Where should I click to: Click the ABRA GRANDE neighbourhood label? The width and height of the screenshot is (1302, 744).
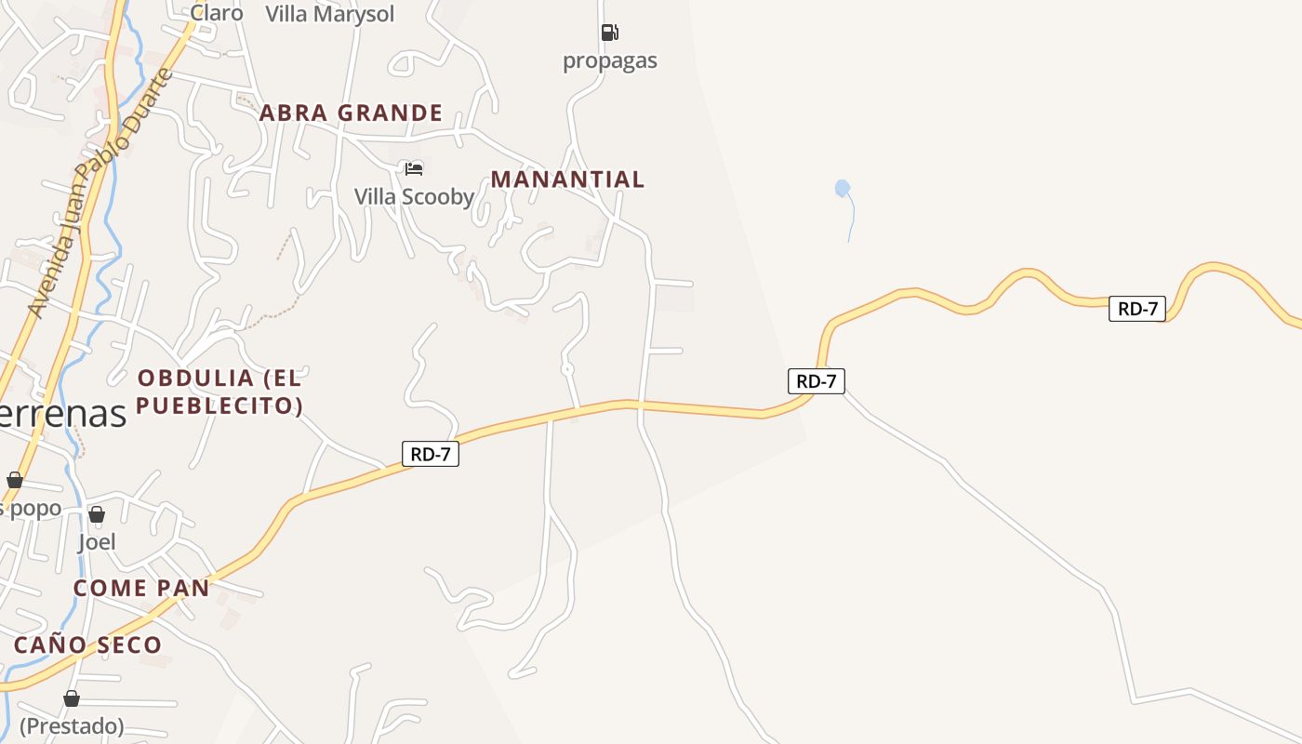pos(351,113)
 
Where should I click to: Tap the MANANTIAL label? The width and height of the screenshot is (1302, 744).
pos(567,179)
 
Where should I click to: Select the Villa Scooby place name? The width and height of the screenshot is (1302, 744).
pos(414,197)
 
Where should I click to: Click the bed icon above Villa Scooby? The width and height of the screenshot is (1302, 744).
pos(414,168)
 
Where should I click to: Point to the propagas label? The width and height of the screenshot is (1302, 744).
pos(610,61)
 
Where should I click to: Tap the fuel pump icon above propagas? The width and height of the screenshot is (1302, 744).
pos(609,33)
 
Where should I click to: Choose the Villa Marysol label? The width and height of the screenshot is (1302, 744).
pos(330,14)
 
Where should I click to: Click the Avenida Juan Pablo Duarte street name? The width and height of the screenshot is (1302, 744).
pos(100,191)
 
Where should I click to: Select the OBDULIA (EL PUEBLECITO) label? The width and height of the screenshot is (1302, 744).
pos(220,392)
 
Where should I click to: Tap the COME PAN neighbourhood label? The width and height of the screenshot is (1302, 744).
pos(141,588)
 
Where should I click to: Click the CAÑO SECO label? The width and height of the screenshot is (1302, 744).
pos(87,644)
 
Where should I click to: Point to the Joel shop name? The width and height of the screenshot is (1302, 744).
pos(97,541)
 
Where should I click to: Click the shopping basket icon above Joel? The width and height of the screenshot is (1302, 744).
pos(97,514)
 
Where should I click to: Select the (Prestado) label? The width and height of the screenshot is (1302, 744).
pos(72,725)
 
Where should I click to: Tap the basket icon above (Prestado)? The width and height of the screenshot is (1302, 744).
pos(72,698)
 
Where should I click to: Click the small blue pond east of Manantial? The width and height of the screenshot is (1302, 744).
pos(843,189)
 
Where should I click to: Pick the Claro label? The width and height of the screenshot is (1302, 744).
pos(217,13)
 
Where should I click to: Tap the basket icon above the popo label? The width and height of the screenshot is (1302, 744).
pos(15,480)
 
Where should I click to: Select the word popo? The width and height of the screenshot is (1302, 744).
pos(37,508)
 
